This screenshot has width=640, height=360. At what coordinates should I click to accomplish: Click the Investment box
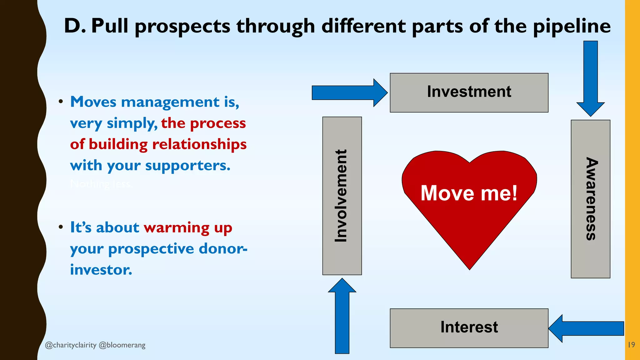(x=469, y=92)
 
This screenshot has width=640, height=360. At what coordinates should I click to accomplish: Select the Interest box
(x=469, y=328)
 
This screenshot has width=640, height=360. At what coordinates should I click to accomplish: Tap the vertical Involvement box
(x=342, y=196)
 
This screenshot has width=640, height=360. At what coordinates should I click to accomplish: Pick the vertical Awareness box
(x=590, y=199)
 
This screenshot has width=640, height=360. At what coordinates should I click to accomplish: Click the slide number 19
(x=631, y=345)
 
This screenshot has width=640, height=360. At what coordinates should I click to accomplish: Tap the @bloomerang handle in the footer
(x=122, y=345)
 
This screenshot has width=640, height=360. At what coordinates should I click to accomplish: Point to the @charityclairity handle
(x=71, y=345)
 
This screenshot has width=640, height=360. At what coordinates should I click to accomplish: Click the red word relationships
(x=199, y=144)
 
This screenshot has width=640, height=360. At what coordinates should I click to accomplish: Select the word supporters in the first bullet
(x=187, y=166)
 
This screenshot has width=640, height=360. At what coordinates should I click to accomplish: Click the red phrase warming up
(x=188, y=228)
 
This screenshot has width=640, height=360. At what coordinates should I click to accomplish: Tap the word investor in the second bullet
(x=101, y=270)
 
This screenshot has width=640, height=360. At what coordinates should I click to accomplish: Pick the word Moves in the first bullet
(x=93, y=102)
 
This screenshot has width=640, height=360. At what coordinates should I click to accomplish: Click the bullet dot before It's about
(x=61, y=227)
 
